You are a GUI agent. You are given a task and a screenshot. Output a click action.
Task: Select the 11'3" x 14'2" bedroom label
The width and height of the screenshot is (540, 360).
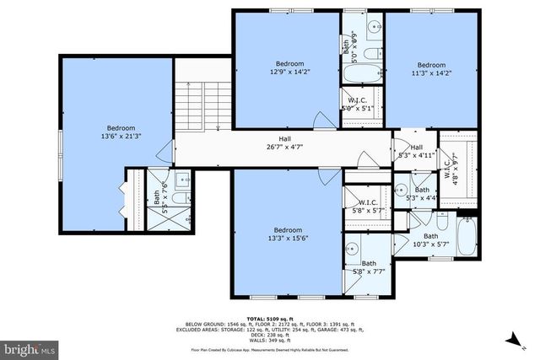point(430,70)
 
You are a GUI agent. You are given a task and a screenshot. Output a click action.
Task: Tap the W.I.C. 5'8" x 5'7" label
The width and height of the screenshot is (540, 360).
point(367,207)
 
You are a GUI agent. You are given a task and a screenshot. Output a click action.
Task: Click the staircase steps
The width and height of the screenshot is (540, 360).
point(197,105)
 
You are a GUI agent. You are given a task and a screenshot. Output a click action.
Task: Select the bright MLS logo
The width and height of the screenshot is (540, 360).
point(30,347)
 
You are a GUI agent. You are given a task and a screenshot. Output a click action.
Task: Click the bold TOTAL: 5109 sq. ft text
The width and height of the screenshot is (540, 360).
point(270,319)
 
